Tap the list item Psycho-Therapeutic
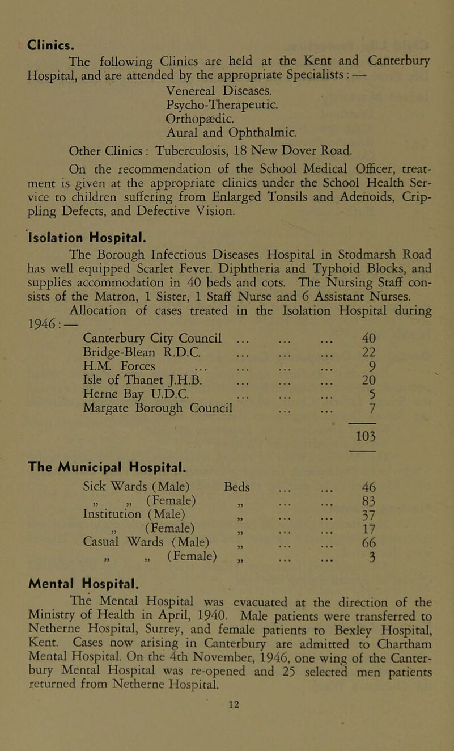[202, 88]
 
